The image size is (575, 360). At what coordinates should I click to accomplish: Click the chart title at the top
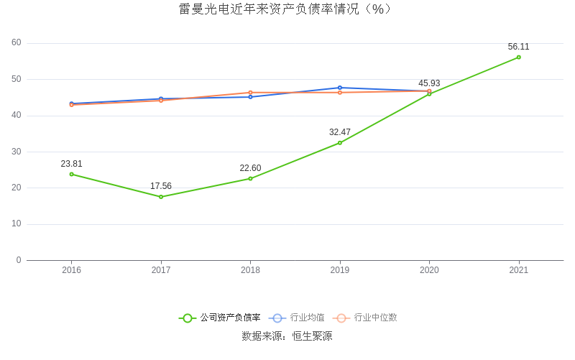(x=287, y=9)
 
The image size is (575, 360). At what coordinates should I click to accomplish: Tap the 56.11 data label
(x=518, y=47)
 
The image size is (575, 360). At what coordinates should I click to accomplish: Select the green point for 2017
(x=161, y=197)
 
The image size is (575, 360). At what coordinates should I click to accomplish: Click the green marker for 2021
(x=518, y=57)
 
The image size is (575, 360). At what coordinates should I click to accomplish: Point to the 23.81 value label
(x=71, y=164)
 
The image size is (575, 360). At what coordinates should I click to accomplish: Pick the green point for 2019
(x=340, y=143)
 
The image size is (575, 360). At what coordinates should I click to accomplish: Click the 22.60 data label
(x=250, y=168)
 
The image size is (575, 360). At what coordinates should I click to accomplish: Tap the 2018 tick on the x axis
(x=250, y=270)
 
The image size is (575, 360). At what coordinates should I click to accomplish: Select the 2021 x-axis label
(x=518, y=270)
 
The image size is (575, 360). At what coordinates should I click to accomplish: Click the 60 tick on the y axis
(x=17, y=43)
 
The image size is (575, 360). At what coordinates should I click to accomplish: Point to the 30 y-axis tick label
(x=17, y=152)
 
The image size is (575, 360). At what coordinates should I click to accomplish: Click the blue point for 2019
(x=340, y=88)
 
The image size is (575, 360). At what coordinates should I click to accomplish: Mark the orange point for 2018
(x=250, y=93)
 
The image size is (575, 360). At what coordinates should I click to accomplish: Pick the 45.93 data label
(x=429, y=83)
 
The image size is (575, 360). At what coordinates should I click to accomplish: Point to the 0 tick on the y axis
(x=19, y=260)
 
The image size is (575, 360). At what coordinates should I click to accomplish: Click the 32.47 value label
(x=340, y=132)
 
